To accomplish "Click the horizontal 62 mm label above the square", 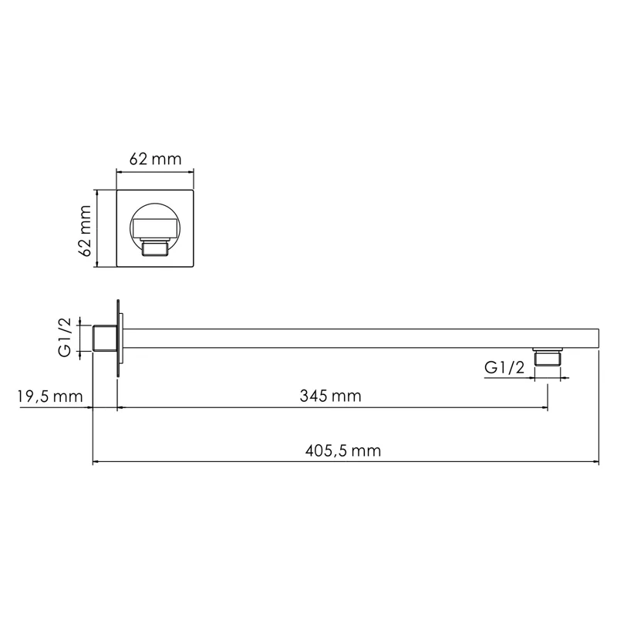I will (155, 160).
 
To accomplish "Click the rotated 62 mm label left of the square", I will (85, 229).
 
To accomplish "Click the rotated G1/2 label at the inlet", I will (66, 339).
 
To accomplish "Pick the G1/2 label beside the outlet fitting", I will (504, 368).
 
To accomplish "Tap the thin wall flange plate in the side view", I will (118, 339).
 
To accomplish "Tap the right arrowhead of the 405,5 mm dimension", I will (596, 463).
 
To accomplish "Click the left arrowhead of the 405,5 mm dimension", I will (96, 463).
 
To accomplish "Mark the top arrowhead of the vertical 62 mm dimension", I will (96, 193).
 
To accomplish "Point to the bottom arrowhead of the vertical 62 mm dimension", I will (96, 265).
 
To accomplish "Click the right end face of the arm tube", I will (598, 339).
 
